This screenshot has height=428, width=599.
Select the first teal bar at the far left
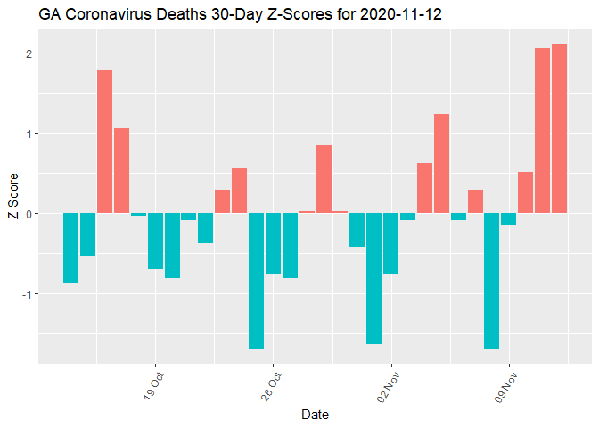(x=70, y=248)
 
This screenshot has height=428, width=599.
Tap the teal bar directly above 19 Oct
(x=155, y=241)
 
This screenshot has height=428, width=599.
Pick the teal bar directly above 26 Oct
(x=273, y=243)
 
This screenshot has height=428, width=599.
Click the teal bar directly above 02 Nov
(x=390, y=243)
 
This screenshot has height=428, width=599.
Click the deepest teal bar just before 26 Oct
(x=256, y=281)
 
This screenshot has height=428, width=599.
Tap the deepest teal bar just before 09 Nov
(x=491, y=281)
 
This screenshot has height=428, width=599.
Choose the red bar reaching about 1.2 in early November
(x=441, y=164)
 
